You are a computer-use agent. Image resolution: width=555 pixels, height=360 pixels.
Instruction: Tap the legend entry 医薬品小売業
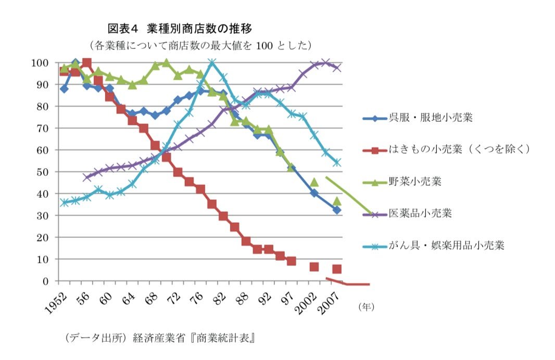[420, 213]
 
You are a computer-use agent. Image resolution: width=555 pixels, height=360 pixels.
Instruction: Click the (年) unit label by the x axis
[366, 307]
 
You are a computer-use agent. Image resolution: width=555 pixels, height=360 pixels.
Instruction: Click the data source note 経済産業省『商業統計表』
[194, 338]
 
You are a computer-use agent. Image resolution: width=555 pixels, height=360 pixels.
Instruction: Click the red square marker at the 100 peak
[87, 63]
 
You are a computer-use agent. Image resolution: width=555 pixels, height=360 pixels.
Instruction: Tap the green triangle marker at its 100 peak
[166, 63]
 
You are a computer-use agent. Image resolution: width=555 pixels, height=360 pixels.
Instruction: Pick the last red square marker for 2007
[337, 269]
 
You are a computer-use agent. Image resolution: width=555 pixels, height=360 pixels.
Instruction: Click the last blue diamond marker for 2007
[337, 210]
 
